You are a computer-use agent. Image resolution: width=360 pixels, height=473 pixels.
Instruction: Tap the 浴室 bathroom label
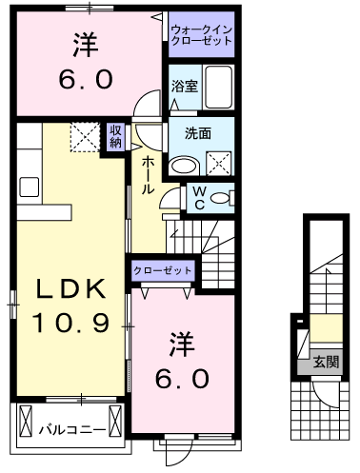tap(185, 87)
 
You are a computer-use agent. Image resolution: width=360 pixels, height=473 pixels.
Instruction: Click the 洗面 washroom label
tap(197, 133)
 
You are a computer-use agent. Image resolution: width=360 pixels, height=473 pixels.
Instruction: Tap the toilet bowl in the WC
tap(220, 198)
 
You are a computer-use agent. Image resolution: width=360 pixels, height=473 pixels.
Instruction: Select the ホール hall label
tap(150, 177)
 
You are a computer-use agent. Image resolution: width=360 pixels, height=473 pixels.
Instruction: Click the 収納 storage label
tap(115, 136)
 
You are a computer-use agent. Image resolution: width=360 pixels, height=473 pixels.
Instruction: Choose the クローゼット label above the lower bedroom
tap(163, 270)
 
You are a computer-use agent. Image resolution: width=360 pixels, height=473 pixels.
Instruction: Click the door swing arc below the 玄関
tap(325, 394)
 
